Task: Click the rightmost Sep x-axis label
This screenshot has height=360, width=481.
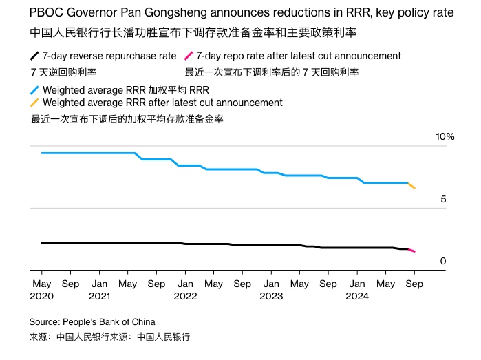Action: (414, 283)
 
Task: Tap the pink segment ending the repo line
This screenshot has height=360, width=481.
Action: (411, 250)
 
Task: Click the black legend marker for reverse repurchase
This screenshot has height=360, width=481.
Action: (34, 56)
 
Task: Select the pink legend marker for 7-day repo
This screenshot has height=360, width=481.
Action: (189, 56)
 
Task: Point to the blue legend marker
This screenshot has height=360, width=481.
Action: (34, 90)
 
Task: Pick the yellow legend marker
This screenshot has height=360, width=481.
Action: (34, 103)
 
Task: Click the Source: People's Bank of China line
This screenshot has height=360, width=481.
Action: (92, 321)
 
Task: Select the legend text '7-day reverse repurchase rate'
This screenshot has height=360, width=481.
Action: (109, 56)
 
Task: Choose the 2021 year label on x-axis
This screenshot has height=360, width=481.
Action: (99, 296)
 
